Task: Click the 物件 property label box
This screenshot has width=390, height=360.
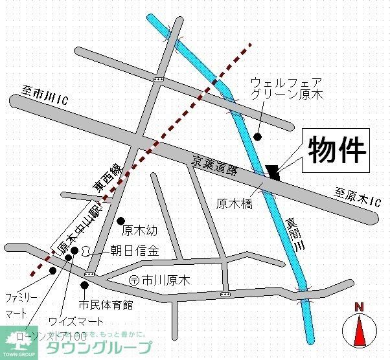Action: click(336, 150)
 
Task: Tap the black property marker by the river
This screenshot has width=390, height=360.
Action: click(273, 172)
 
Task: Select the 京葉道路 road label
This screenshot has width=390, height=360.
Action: click(216, 166)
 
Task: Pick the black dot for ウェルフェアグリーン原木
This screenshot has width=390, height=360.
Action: click(258, 137)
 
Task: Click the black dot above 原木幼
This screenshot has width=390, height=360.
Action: click(120, 221)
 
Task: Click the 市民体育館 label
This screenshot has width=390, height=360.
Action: click(106, 304)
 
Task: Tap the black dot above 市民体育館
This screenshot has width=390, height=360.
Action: click(84, 285)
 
